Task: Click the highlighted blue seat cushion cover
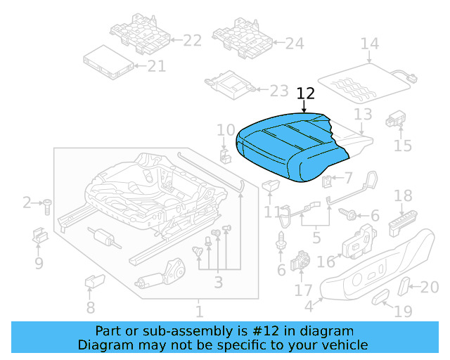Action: pos(285,143)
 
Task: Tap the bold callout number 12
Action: pos(306,94)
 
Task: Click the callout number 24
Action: pos(295,44)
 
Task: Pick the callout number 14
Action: pos(370,44)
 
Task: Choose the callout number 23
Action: pos(279,91)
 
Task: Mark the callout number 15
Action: pos(402,146)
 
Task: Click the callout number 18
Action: pos(403,196)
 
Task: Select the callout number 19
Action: pos(404,311)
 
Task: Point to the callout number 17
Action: pos(303,290)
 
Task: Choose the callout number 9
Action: pos(39,264)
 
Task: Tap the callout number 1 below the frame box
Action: pos(199,310)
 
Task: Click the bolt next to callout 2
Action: pos(48,205)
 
